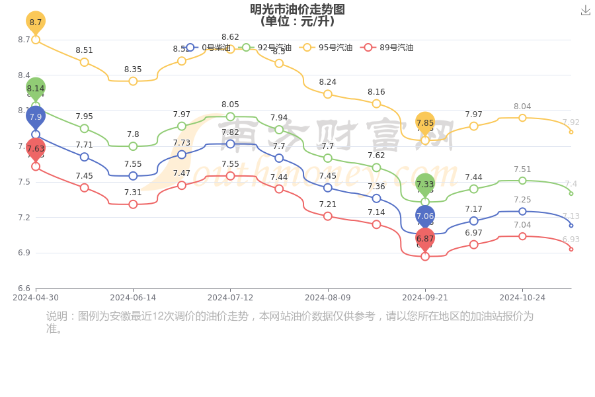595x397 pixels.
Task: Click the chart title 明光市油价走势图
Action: [297, 9]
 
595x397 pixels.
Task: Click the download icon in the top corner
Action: [586, 10]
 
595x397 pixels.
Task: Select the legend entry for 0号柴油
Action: [209, 48]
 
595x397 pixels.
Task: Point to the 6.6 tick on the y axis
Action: [24, 288]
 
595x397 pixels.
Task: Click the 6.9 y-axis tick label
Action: [24, 253]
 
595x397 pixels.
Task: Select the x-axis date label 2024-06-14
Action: [133, 298]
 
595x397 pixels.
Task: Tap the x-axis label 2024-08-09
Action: [328, 298]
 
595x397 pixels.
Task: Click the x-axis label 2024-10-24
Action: [522, 298]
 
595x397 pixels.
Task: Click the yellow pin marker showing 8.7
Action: [36, 22]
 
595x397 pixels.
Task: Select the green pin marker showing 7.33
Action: [425, 185]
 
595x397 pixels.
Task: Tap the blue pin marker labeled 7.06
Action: [425, 216]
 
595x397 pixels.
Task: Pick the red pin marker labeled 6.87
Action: [425, 239]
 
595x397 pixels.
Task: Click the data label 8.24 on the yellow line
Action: [328, 82]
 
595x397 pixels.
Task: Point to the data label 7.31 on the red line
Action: [133, 193]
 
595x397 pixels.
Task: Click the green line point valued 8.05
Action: [230, 116]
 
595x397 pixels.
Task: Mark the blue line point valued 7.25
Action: [522, 212]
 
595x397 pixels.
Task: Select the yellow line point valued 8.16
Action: [376, 103]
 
